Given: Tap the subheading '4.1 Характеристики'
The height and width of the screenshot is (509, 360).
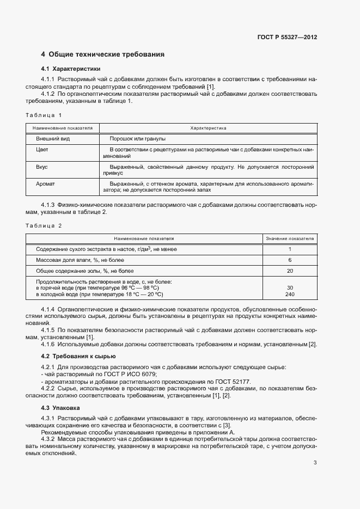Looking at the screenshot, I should [x=71, y=69].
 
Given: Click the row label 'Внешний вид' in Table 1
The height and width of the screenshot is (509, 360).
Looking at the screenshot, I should [x=50, y=139].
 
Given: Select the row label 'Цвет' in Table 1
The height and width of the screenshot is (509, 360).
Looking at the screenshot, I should [x=42, y=149].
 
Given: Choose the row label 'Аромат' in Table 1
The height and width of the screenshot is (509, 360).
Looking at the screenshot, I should [x=45, y=184].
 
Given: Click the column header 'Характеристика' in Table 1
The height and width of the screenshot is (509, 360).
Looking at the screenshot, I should [x=208, y=128].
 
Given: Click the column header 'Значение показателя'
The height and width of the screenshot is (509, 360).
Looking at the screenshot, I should [x=290, y=238].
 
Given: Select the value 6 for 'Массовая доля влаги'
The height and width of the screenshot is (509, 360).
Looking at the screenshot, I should [x=290, y=260].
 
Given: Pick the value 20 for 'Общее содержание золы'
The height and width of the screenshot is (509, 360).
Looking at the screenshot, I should [x=290, y=271].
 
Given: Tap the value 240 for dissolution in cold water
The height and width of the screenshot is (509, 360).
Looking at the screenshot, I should [x=290, y=294].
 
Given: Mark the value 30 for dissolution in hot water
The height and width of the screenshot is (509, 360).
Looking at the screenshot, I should [x=290, y=287].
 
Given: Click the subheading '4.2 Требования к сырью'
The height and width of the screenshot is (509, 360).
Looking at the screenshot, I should [x=78, y=356].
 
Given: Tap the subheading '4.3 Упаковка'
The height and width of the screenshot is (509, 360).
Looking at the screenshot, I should [x=61, y=407].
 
